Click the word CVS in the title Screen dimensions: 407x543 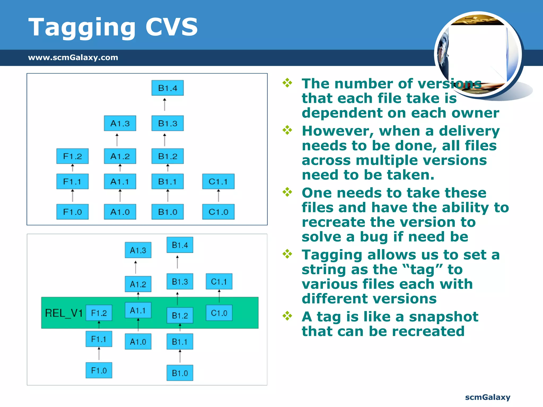point(172,27)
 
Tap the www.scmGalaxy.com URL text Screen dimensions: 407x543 point(73,57)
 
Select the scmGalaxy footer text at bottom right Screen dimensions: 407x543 point(488,397)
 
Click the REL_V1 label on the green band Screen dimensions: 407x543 point(64,313)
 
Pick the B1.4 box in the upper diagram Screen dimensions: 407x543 point(168,88)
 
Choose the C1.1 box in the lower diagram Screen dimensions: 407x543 point(219,281)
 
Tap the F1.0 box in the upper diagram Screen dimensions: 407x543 point(72,212)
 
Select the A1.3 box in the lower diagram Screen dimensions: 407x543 point(138,250)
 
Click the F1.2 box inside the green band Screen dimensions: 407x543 point(99,313)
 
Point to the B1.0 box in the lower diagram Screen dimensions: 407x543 point(180,373)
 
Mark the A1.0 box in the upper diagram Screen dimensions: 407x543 point(120,212)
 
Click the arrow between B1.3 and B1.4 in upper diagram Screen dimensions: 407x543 point(165,105)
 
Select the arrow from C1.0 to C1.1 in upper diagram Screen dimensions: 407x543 point(218,196)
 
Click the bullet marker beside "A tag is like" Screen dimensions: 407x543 point(287,316)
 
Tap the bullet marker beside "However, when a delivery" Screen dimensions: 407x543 point(287,130)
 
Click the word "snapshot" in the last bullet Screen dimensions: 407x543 point(444,317)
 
